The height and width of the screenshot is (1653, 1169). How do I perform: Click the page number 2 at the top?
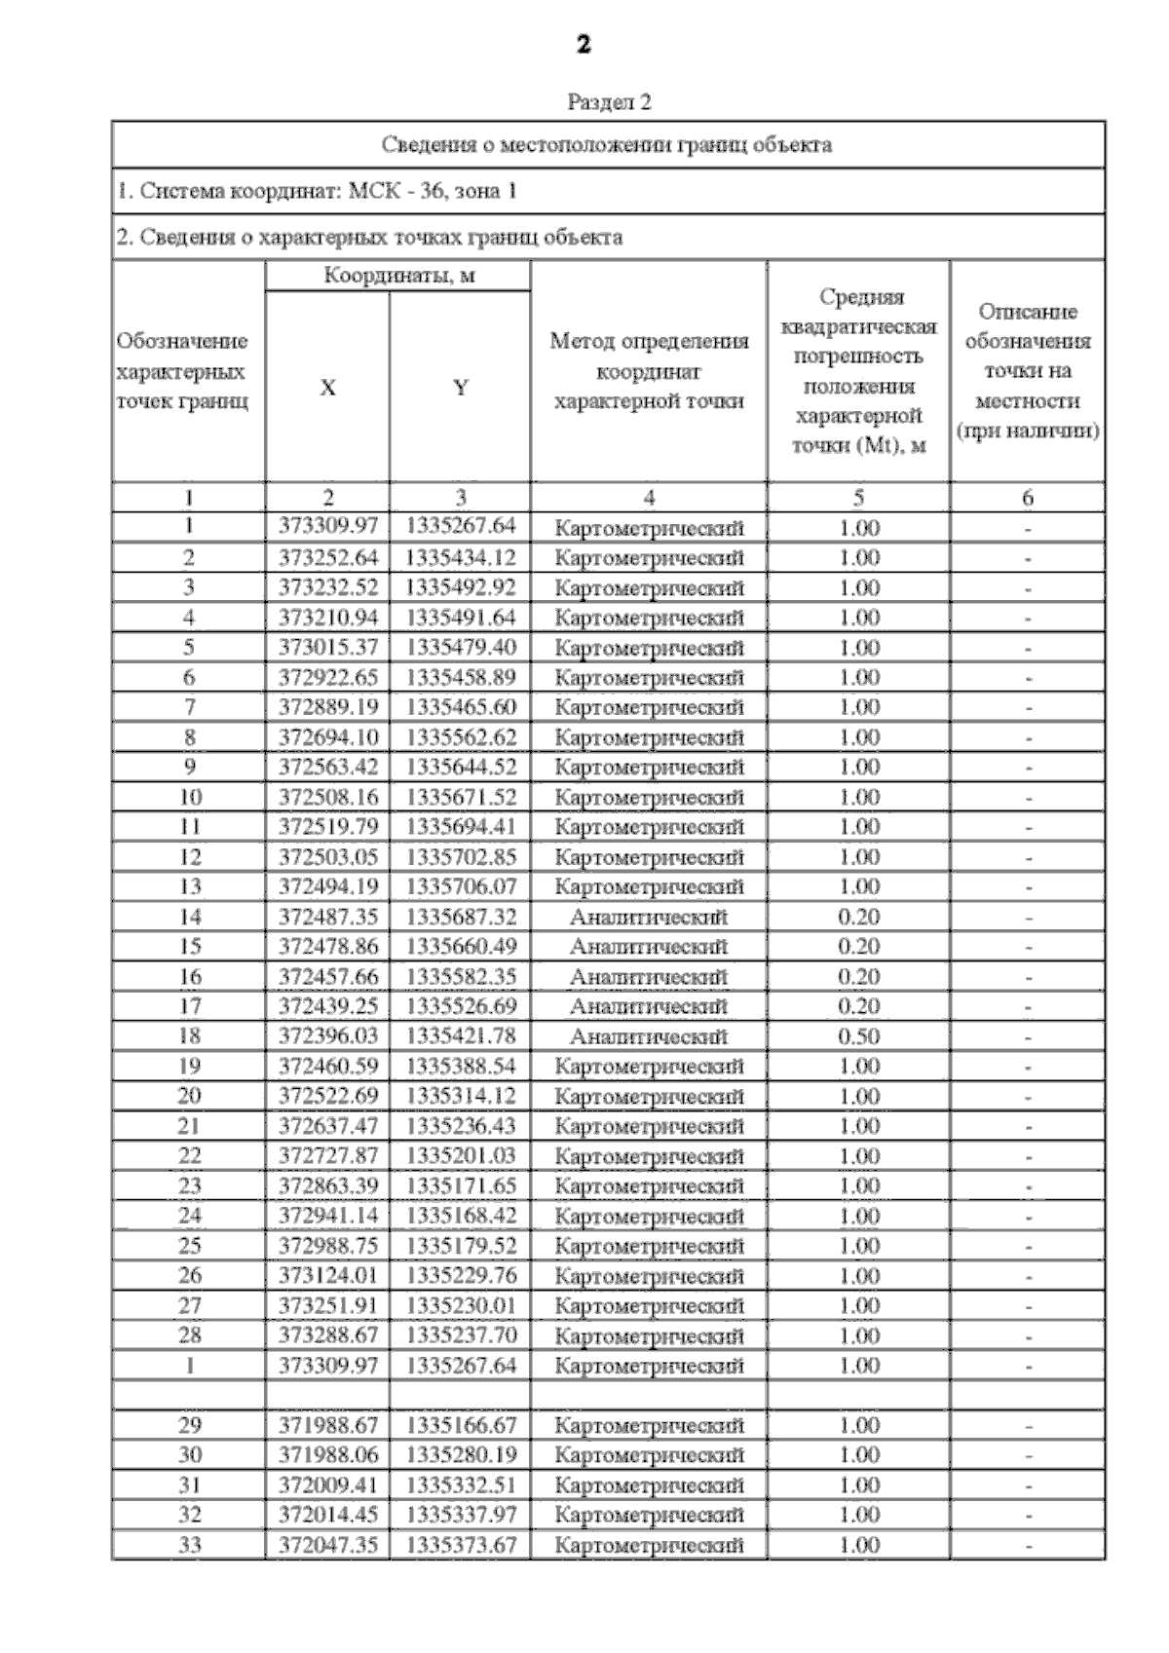coord(584,44)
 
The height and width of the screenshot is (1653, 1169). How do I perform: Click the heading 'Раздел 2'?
coord(608,101)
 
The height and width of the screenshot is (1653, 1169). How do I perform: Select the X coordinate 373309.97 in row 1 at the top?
coord(327,527)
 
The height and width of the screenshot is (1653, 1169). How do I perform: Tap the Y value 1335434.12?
coord(460,557)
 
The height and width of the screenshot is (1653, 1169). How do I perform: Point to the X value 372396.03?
coord(327,1035)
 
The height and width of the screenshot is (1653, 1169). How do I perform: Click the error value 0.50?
coord(858,1035)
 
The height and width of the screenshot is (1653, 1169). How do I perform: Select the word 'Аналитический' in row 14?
coord(649,917)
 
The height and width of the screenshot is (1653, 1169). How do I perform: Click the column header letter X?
coord(327,388)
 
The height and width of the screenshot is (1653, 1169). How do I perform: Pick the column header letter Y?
coord(460,388)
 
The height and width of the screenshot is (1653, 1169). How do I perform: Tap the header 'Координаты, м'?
coord(398,276)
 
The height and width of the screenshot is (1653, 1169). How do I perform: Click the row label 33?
coord(189,1545)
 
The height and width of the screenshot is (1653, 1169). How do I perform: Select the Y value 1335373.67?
coord(460,1545)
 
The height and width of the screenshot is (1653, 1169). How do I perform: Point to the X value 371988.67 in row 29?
coord(327,1425)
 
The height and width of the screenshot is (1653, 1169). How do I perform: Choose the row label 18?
coord(189,1035)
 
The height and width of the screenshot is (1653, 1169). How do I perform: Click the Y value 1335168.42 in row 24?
coord(460,1216)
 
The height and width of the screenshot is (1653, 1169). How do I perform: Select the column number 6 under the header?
coord(1027,498)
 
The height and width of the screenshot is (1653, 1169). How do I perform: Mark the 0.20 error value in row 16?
coord(858,976)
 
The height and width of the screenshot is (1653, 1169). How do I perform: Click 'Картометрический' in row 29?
coord(649,1426)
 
